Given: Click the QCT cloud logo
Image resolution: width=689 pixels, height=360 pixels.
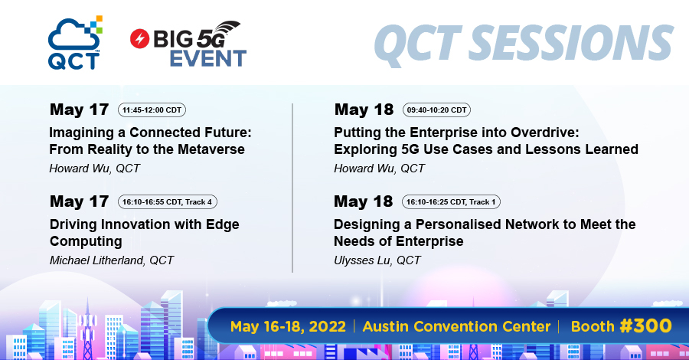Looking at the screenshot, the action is coord(75,43).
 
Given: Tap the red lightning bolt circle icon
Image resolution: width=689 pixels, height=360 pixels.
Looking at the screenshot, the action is coord(140,39).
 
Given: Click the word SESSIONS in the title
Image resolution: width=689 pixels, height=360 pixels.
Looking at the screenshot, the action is coord(571,43).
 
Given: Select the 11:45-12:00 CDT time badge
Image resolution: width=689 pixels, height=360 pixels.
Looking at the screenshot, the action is coord(152,110).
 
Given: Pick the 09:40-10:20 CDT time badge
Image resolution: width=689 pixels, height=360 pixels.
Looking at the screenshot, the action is coord(436,110).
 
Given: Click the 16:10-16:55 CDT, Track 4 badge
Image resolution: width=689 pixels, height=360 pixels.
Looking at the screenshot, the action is coord(168,201).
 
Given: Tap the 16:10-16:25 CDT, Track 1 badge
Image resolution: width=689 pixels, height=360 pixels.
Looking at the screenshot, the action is coord(451,201).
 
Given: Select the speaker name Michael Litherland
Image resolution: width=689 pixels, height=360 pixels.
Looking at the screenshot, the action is coord(96,260).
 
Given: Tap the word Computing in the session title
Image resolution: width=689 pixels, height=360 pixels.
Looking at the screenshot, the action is coord(86,242).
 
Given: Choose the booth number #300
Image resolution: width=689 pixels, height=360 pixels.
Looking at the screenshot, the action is coord(645,326).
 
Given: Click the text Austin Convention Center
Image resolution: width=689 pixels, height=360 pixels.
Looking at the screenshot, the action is coord(456,326).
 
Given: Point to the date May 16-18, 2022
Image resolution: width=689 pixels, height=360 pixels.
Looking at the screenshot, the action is coord(288,326).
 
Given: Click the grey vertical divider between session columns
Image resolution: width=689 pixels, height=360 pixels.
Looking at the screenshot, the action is coord(292,188).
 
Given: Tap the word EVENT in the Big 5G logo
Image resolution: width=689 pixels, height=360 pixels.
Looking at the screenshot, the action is coord(207,59).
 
